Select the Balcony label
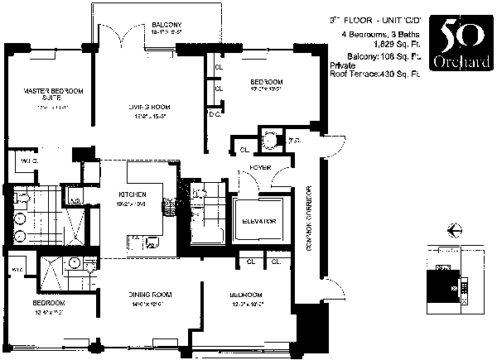(166, 24)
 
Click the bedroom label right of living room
(267, 81)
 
